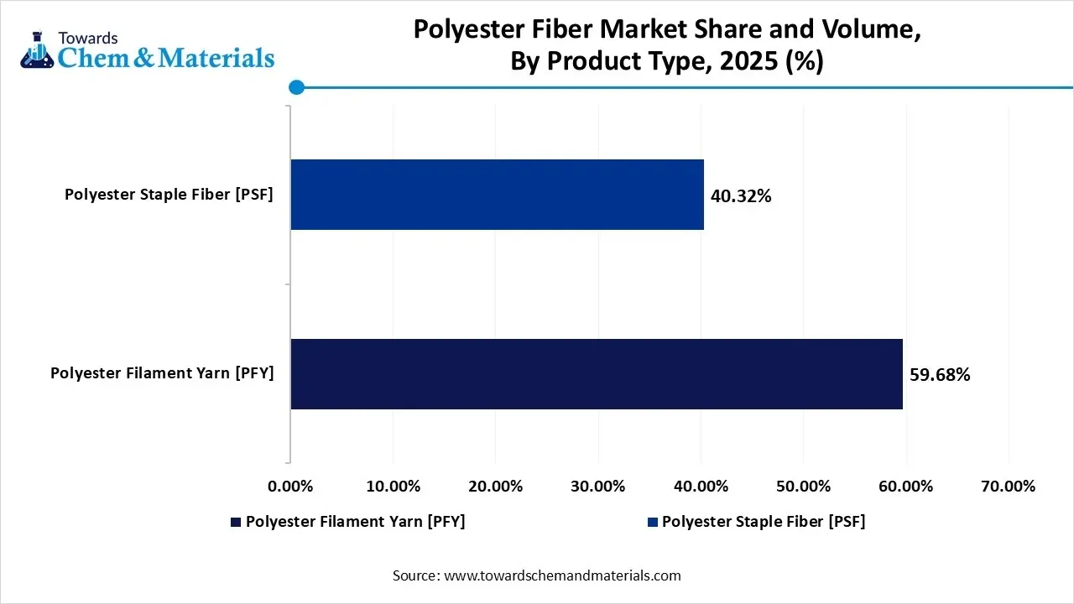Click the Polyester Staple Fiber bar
pos(497,195)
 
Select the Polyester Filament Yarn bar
pos(596,374)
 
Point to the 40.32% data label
pos(741,196)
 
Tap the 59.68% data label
pos(940,375)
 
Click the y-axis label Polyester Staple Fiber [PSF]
pos(169,195)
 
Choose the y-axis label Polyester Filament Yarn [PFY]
pos(162,373)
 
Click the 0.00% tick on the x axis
pos(289,487)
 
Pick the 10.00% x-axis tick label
pos(393,487)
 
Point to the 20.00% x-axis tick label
pos(495,487)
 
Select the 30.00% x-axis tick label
pos(598,487)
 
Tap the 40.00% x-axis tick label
pos(701,487)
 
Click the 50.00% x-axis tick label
pos(803,487)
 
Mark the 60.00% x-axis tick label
pos(906,487)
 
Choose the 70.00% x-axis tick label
pos(1009,487)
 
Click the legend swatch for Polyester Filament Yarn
pos(236,522)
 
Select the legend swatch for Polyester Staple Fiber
pos(652,522)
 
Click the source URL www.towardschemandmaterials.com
pos(562,575)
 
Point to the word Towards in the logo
pos(87,38)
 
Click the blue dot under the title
pos(295,86)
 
